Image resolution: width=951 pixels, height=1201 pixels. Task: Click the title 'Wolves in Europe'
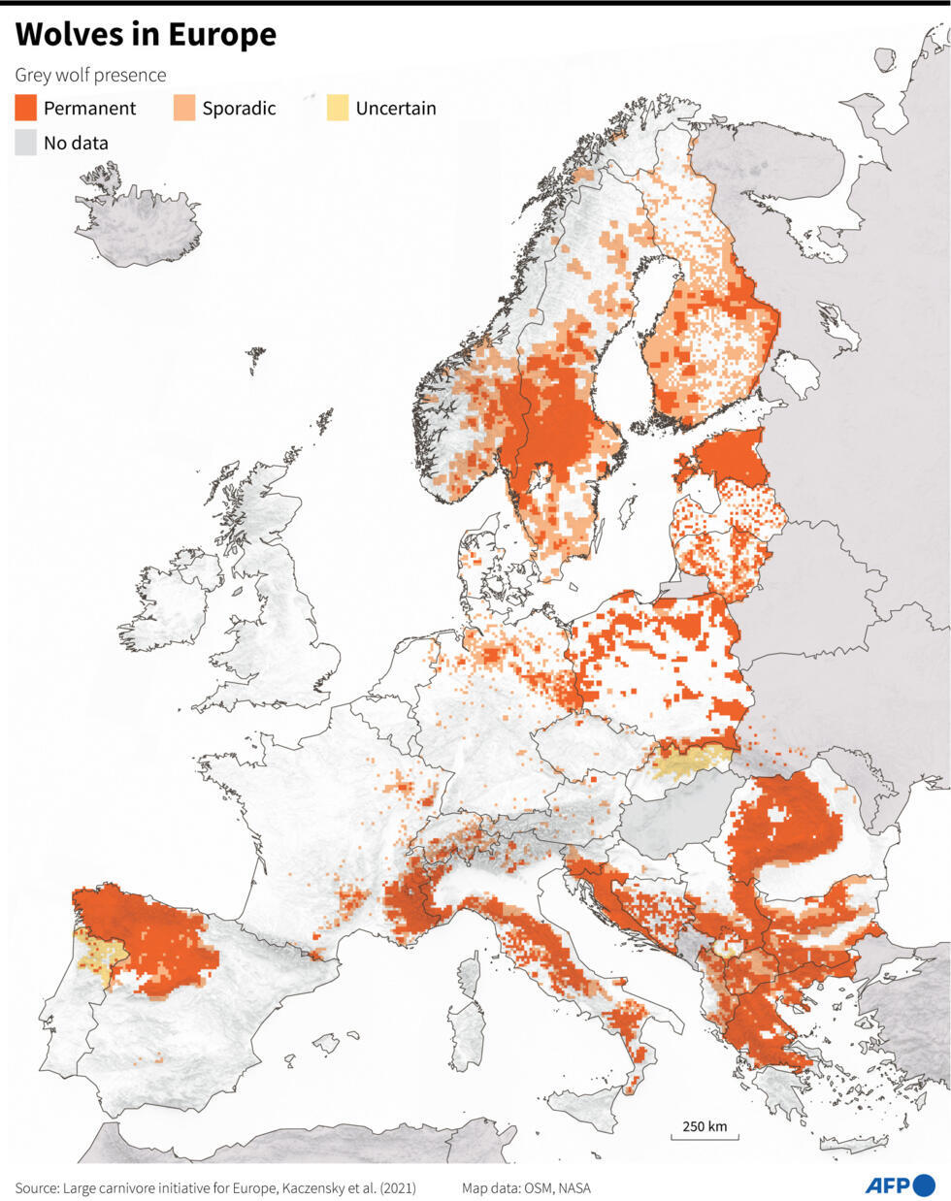click(146, 34)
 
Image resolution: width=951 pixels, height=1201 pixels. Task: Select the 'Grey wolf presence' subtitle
click(90, 75)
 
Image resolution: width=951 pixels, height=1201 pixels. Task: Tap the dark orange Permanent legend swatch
click(25, 108)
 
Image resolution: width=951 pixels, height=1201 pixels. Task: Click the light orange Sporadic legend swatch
click(183, 108)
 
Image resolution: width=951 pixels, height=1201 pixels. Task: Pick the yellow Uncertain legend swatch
click(337, 108)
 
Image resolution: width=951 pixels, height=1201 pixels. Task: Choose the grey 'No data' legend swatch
click(25, 143)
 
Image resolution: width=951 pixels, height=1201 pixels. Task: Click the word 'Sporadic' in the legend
click(239, 108)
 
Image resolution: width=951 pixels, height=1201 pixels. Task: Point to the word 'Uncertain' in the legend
click(395, 108)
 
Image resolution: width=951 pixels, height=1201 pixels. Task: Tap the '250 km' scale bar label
click(705, 1126)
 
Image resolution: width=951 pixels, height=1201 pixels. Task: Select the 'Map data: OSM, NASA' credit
click(526, 1187)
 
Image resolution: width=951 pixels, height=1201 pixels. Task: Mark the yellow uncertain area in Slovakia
click(691, 761)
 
